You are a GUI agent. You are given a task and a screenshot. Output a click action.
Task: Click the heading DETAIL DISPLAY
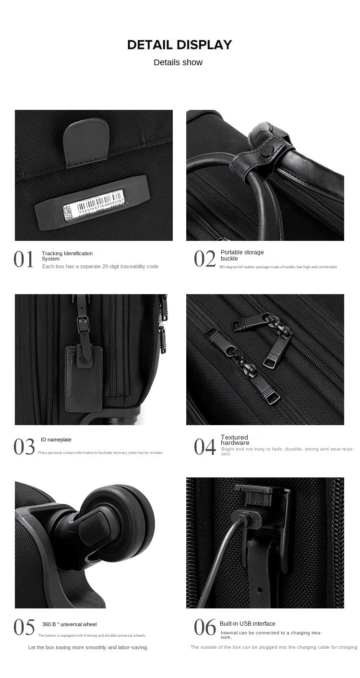click(x=180, y=45)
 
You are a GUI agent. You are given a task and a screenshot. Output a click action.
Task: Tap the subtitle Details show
click(x=178, y=62)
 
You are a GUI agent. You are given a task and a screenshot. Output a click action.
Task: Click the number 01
click(x=24, y=260)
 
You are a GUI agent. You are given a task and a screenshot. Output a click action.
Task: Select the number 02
click(x=205, y=259)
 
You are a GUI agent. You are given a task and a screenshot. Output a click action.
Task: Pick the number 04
click(x=205, y=447)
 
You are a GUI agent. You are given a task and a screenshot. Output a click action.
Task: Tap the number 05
click(x=24, y=627)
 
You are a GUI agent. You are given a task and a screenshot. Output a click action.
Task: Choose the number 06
click(x=205, y=627)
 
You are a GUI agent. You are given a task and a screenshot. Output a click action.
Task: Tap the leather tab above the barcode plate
click(x=86, y=142)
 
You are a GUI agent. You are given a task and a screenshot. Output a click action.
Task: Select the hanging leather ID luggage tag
click(x=84, y=379)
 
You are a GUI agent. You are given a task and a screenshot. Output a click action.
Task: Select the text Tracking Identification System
click(x=67, y=256)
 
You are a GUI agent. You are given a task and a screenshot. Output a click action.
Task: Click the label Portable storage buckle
click(x=242, y=255)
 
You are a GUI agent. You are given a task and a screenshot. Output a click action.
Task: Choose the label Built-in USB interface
click(x=247, y=624)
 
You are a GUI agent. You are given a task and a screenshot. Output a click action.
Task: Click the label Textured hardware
click(x=235, y=440)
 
